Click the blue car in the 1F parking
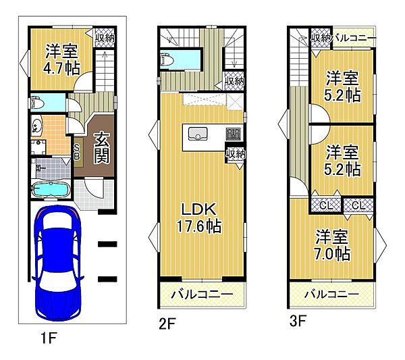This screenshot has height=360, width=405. tap(57, 263)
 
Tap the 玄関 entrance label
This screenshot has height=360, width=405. tap(102, 148)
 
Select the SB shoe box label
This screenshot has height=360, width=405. tap(77, 152)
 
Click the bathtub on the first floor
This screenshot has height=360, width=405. tap(51, 189)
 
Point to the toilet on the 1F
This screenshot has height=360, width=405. tap(37, 103)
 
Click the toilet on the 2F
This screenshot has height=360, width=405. tap(166, 60)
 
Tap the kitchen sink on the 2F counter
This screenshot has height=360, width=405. tap(198, 133)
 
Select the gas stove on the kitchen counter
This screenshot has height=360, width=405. tap(234, 134)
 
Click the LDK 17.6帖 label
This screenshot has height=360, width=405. tap(198, 218)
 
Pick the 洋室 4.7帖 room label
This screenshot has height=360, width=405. tap(61, 59)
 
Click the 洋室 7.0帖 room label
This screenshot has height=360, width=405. tap(332, 245)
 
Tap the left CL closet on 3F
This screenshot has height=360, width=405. tap(325, 205)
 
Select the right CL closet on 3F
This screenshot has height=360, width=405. tap(358, 205)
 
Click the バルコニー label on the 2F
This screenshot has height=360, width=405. tap(202, 294)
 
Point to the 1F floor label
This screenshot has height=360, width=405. tap(49, 338)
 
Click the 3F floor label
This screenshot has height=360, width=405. tap(297, 322)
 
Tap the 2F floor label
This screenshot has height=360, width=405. tap(167, 324)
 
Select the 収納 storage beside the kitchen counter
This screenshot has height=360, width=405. tap(236, 155)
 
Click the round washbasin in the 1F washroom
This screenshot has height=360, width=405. tap(36, 126)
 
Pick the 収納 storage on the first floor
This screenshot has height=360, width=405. tap(104, 38)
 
